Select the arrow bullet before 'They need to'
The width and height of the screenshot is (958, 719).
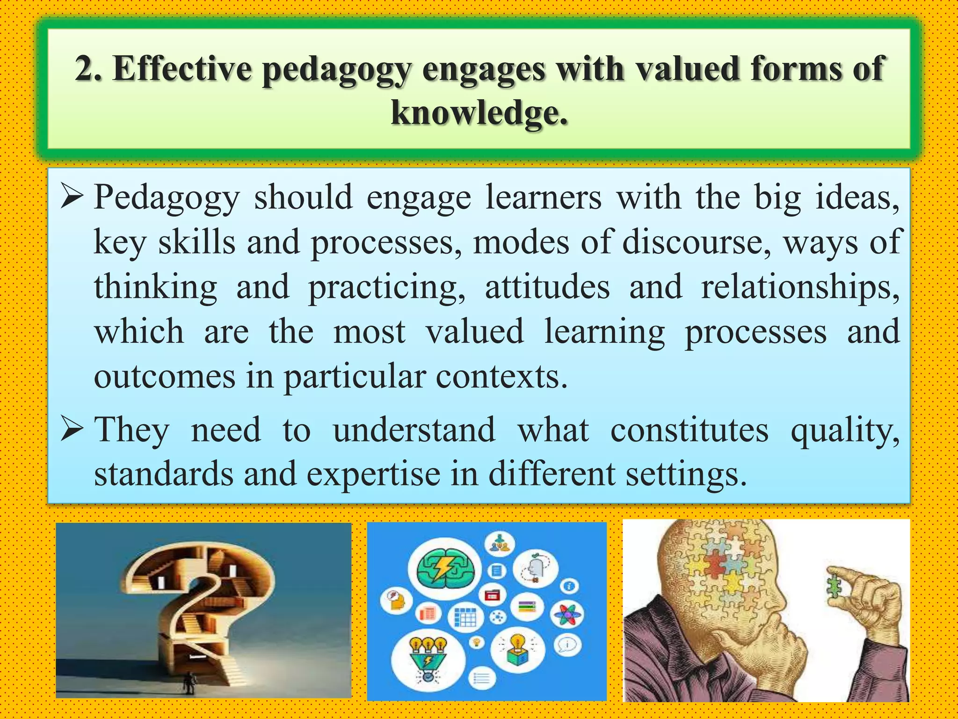point(72,430)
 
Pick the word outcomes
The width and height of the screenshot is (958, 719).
point(165,377)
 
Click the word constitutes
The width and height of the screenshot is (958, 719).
point(689,430)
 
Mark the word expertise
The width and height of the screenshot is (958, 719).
point(373,474)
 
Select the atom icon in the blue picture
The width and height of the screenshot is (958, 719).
point(567,614)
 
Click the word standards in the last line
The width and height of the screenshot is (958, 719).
point(164,474)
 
